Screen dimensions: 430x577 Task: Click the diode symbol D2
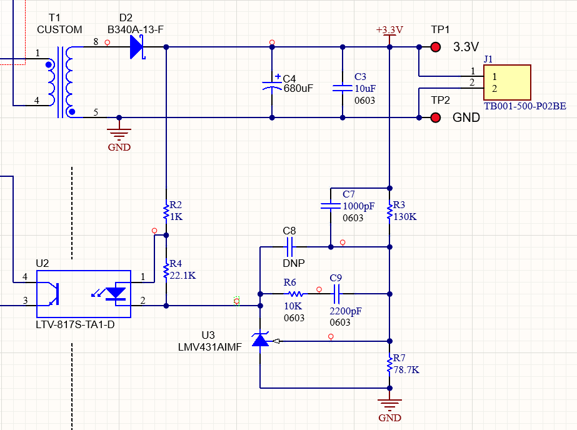click(137, 47)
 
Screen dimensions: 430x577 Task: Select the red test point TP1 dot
click(436, 47)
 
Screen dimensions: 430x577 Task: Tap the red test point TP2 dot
click(436, 117)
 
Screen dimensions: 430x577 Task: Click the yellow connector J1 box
click(507, 82)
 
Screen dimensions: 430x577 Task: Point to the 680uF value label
click(298, 89)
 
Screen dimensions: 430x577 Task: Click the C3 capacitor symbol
click(343, 87)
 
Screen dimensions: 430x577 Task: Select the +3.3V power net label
click(389, 30)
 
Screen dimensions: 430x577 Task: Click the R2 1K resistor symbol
click(166, 212)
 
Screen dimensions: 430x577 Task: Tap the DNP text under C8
click(289, 264)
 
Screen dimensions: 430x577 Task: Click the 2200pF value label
click(346, 311)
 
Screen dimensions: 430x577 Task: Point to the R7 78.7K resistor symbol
click(389, 364)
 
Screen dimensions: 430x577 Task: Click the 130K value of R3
click(405, 217)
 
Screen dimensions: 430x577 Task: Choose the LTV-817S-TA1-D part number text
click(75, 324)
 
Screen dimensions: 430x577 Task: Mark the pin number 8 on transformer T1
click(96, 42)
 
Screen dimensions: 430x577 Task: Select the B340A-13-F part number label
click(136, 30)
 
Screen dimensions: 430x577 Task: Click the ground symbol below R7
click(389, 404)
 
